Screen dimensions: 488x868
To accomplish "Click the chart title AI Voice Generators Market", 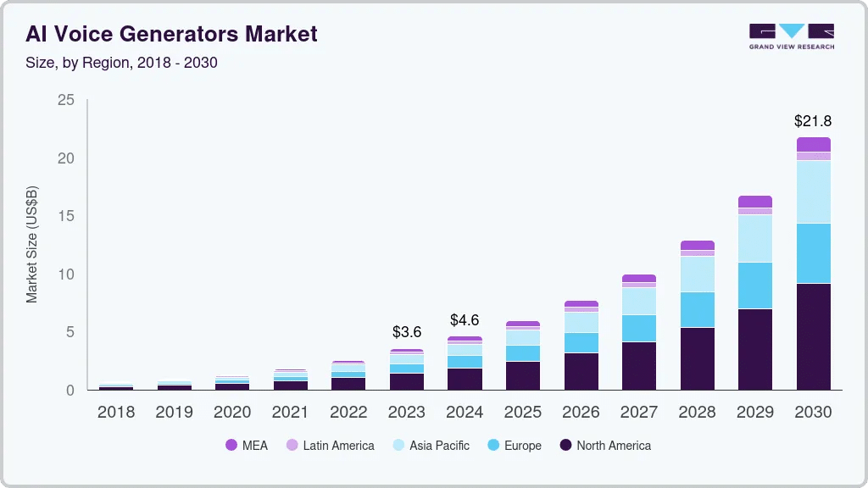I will tap(171, 34).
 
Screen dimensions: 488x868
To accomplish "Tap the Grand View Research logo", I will tap(791, 36).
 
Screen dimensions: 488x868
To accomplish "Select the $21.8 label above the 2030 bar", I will tap(813, 121).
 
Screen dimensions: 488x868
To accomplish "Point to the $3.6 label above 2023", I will tap(407, 332).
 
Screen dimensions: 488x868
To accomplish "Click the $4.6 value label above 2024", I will tap(465, 320).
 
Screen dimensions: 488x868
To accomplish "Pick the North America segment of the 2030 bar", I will tap(814, 336).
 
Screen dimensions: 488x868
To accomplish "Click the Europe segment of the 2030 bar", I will tap(814, 253).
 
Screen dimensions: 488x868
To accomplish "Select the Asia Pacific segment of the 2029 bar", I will tap(755, 238).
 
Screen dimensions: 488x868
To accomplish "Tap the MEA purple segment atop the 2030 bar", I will tap(814, 144).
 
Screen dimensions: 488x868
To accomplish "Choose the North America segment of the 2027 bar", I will tap(639, 365).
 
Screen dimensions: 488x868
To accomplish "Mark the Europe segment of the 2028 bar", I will tap(698, 309).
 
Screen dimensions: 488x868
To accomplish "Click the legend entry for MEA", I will tap(247, 446).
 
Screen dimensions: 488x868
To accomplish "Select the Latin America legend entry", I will tap(330, 446).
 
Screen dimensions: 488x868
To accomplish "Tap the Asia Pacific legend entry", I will tap(431, 446).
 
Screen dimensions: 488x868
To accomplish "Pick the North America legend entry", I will tap(605, 446).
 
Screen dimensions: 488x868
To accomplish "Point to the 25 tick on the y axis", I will tap(65, 101).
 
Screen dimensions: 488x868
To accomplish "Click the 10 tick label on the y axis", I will tap(65, 274).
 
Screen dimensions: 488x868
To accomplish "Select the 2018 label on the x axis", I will tap(115, 413).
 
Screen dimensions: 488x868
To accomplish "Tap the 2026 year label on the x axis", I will tap(581, 413).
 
